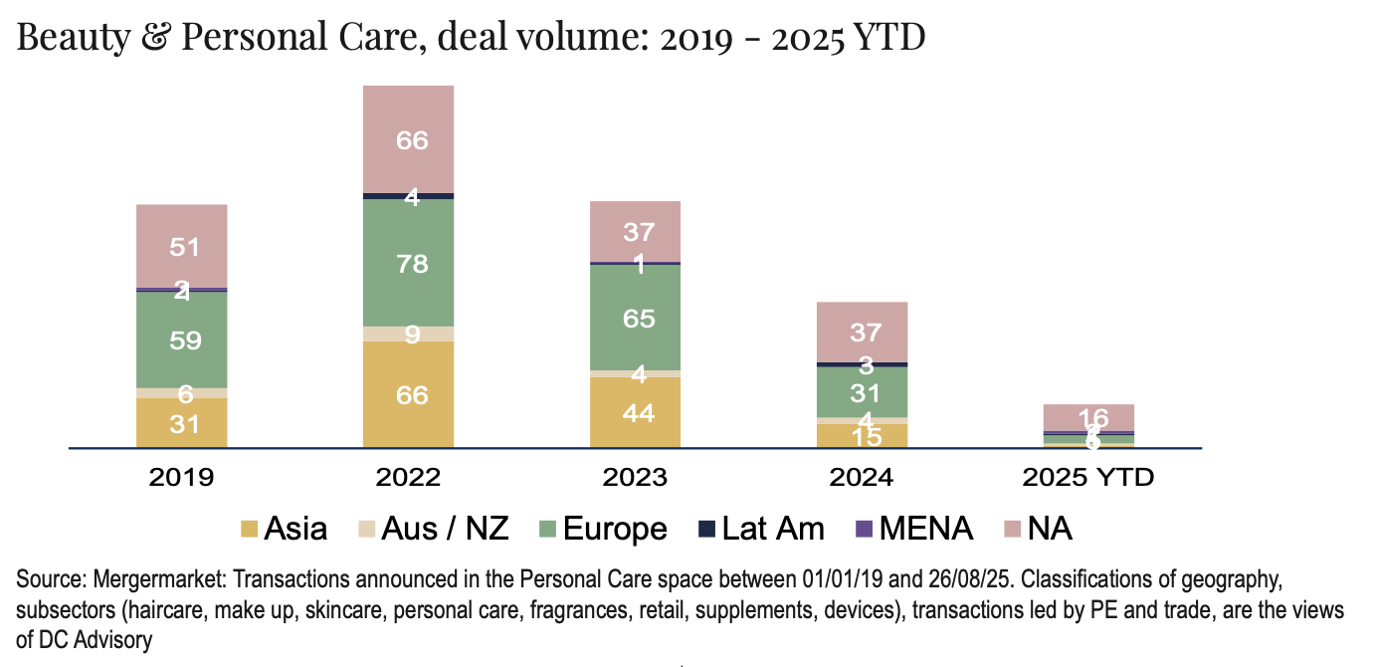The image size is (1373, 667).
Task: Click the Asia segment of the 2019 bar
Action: coord(181,423)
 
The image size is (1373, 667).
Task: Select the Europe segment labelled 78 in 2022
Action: coord(408,263)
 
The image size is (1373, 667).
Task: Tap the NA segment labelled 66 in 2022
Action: coord(408,139)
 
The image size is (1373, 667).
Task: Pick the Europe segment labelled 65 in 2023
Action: coord(635,318)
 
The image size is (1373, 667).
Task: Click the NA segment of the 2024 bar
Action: coord(862,332)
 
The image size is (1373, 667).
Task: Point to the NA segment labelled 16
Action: coord(1088,417)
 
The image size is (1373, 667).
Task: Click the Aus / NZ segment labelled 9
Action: coord(408,333)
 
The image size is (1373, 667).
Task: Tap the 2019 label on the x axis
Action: coord(181,477)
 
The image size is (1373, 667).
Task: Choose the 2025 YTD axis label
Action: coord(1088,477)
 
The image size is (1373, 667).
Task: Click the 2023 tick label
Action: coord(635,477)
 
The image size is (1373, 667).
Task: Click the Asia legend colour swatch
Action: coord(249,529)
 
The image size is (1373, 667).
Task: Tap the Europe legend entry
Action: coord(602,529)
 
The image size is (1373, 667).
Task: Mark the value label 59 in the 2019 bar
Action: coord(185,340)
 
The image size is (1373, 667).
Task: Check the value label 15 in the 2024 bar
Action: coord(866,436)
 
